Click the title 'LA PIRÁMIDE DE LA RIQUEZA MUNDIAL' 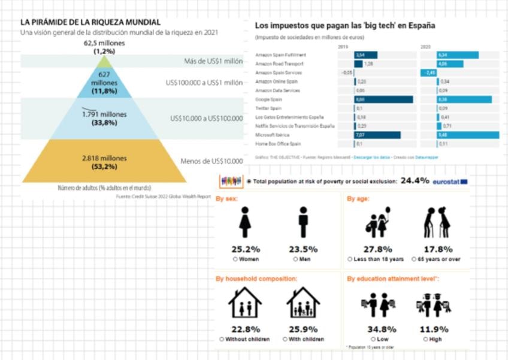90,22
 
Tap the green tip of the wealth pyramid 105,62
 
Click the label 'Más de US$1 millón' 213,62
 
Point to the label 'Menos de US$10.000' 211,161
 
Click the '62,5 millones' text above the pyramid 104,44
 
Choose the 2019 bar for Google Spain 383,99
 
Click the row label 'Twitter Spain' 268,108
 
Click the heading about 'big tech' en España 345,26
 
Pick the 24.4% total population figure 415,180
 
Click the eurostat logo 450,181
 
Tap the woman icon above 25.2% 245,223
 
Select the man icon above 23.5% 303,223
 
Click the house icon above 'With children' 303,303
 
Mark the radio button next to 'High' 425,339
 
